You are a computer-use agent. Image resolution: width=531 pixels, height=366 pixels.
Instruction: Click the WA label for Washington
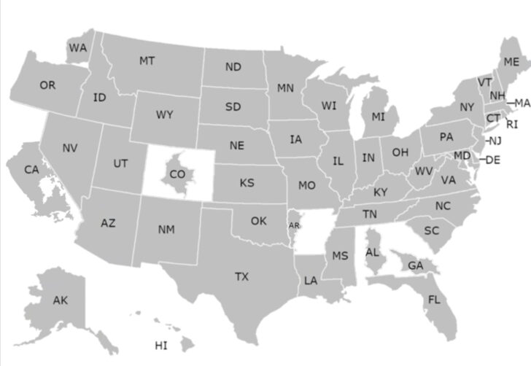pos(77,48)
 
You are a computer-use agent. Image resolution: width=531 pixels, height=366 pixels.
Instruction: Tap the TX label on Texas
pos(241,277)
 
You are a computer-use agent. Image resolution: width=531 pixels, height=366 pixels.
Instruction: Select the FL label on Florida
pos(434,300)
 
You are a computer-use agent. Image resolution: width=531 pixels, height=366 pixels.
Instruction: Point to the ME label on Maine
pos(511,62)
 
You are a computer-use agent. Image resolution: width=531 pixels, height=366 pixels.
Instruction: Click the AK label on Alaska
pos(61,300)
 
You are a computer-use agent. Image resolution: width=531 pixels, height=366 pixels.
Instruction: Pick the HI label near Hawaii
pos(161,345)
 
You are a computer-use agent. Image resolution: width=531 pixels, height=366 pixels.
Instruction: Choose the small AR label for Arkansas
pos(294,226)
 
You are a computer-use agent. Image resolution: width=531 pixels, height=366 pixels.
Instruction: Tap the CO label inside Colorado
pos(177,174)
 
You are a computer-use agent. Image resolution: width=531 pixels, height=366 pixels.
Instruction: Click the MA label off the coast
pos(522,103)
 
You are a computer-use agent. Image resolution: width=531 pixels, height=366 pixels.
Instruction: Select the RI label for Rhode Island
pos(512,124)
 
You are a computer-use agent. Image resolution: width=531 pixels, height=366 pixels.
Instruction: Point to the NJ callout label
pos(495,141)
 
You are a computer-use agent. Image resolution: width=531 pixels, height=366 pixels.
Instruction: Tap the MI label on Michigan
pos(378,117)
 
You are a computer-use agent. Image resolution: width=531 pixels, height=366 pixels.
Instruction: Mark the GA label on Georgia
pos(415,266)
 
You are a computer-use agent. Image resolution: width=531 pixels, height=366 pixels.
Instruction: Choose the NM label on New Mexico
pos(166,230)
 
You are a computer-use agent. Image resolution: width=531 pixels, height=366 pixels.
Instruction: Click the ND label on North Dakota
pos(233,67)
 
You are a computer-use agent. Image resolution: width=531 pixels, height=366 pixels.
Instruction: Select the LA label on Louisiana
pos(311,280)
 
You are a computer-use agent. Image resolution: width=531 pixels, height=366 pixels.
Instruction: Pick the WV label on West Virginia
pos(424,172)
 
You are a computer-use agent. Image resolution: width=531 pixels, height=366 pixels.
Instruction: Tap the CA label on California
pos(31,170)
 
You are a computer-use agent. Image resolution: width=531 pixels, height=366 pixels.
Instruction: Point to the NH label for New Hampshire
pos(497,96)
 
